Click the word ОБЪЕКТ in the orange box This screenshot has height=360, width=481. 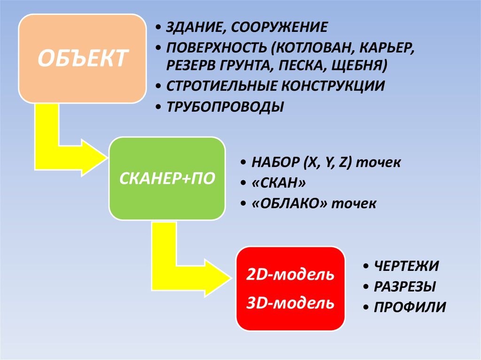(83, 58)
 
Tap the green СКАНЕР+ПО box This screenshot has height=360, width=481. (167, 178)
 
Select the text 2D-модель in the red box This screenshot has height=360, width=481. (290, 275)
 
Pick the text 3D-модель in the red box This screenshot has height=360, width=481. (290, 303)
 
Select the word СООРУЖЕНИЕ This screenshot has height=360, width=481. (279, 27)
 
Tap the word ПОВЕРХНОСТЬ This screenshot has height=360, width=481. (217, 47)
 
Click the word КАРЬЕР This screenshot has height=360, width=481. (387, 48)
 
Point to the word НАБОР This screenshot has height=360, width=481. (275, 162)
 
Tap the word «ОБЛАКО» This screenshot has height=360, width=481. (289, 203)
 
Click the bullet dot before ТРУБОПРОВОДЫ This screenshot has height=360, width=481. (158, 107)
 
